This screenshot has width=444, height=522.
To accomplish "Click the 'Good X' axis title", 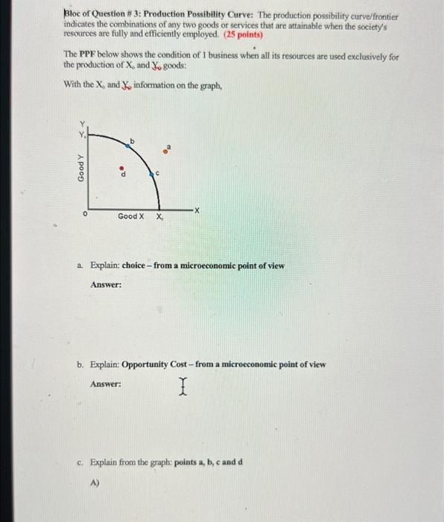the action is click(130, 216).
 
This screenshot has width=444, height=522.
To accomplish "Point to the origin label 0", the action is click(86, 213).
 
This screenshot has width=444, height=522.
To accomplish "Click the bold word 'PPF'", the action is click(87, 56).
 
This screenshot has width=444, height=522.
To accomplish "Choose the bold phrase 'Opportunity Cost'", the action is click(153, 365).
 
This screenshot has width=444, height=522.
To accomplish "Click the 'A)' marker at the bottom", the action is click(95, 482).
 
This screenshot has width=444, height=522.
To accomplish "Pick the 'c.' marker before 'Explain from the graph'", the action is click(80, 462).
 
